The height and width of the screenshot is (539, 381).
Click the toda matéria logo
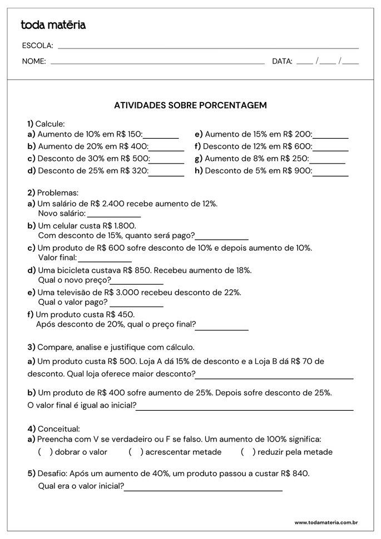[53, 25]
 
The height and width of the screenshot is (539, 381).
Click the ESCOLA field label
[37, 46]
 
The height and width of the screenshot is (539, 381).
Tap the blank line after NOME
[157, 62]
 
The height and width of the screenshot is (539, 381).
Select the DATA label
[282, 62]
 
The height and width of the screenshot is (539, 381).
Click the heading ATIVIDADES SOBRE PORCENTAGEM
[190, 105]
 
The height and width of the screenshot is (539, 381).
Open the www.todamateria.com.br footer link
[325, 523]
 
